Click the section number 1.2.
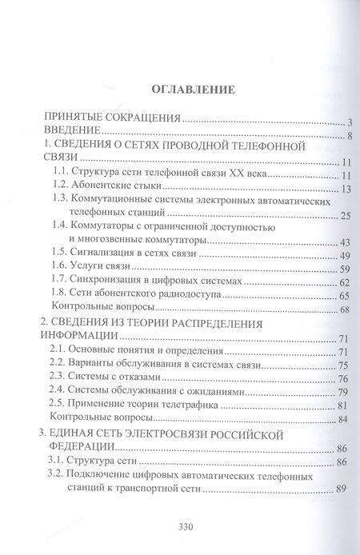point(62,188)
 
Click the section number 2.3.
point(62,379)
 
